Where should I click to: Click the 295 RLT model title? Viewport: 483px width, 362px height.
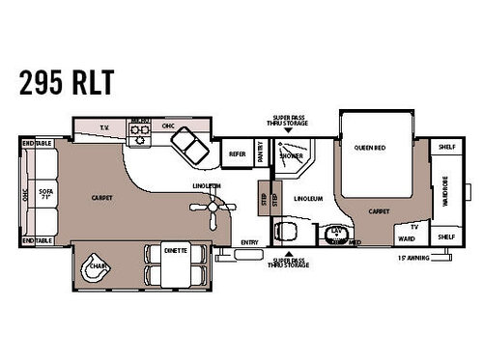coord(65,82)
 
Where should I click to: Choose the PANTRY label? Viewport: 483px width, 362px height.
coord(261,153)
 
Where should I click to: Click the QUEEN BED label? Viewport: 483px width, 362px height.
coord(370,148)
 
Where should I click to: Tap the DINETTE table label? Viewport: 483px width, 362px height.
coord(174,249)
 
